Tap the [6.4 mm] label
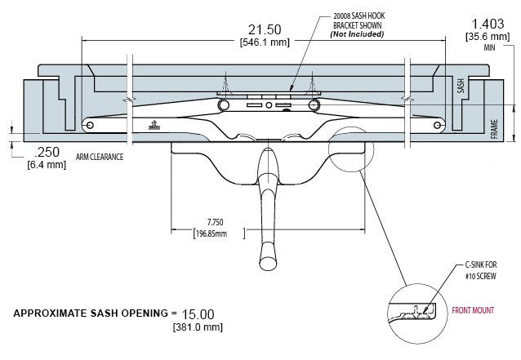pyautogui.click(x=47, y=165)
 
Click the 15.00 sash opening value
pyautogui.click(x=198, y=313)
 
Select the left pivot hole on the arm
pyautogui.click(x=91, y=125)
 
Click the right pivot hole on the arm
pyautogui.click(x=438, y=125)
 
